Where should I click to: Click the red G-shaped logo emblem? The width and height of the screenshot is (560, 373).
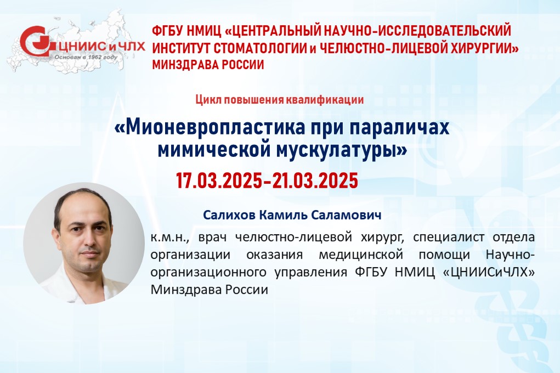(x=36, y=41)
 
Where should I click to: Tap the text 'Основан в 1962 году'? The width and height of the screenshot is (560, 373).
(x=86, y=57)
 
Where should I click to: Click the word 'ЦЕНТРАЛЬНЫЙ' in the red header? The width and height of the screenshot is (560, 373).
(x=274, y=31)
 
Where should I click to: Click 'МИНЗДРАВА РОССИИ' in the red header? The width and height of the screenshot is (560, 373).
(x=208, y=65)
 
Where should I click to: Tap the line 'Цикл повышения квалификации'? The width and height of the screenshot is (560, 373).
(x=280, y=100)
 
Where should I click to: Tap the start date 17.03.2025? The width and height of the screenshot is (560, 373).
(x=219, y=180)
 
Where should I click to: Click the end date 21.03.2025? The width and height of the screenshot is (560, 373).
(x=315, y=180)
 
